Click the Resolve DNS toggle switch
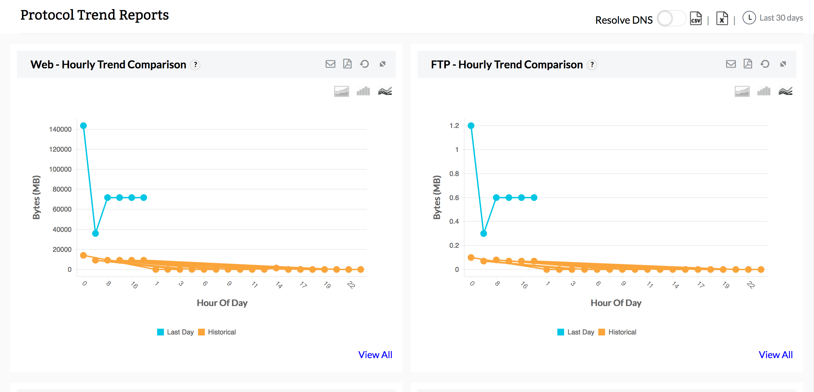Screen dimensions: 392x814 point(671,19)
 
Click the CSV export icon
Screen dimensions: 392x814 point(696,18)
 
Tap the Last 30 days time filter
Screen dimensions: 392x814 point(781,18)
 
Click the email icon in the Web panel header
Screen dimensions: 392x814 point(330,64)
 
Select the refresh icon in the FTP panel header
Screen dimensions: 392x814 point(765,64)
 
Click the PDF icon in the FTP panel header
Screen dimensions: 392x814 point(748,64)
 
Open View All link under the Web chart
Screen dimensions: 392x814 point(375,355)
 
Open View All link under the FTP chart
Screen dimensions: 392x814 point(776,355)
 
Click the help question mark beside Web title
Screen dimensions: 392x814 point(195,65)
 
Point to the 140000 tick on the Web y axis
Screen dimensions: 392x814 point(60,129)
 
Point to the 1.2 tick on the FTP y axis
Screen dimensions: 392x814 point(454,126)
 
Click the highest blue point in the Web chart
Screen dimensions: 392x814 point(83,126)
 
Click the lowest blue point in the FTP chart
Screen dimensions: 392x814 point(484,234)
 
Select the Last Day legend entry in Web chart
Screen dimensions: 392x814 point(176,332)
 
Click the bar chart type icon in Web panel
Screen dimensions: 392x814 point(363,91)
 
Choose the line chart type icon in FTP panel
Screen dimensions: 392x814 point(785,91)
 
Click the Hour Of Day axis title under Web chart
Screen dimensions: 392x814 point(222,303)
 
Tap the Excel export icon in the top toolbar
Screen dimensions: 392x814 point(722,18)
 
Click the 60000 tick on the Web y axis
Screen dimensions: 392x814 point(62,209)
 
